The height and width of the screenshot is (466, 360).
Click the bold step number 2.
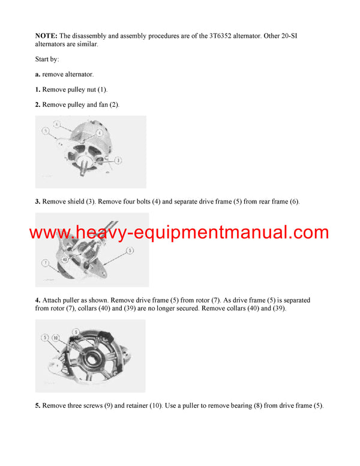coord(37,104)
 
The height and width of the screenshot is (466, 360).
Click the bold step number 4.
coord(37,300)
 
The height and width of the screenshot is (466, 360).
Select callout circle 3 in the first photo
coord(118,160)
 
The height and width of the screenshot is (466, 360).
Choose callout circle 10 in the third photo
coord(55,337)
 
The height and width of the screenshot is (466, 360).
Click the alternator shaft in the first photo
coord(83,170)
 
